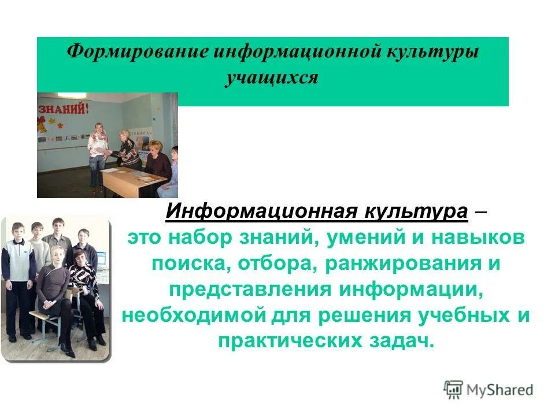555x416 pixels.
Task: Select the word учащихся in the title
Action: [272, 77]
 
